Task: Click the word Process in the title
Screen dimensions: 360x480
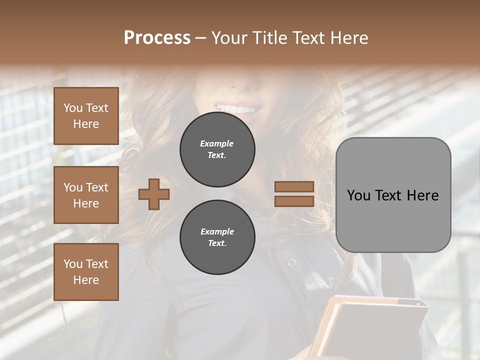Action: click(157, 38)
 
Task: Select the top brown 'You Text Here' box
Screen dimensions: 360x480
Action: click(86, 116)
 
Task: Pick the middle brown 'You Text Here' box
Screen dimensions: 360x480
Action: click(86, 195)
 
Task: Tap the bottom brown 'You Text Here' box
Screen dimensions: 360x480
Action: click(86, 272)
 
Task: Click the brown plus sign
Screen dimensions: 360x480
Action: click(154, 194)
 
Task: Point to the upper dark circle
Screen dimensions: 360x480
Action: click(217, 149)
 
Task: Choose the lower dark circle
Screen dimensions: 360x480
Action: click(217, 237)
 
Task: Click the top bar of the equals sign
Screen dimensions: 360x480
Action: click(294, 187)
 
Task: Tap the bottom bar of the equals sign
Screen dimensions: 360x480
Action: click(294, 201)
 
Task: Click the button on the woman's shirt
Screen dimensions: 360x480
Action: click(292, 262)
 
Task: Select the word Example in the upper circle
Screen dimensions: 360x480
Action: click(216, 143)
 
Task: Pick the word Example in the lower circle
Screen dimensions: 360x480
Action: click(216, 231)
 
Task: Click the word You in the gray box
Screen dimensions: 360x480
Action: click(358, 195)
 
